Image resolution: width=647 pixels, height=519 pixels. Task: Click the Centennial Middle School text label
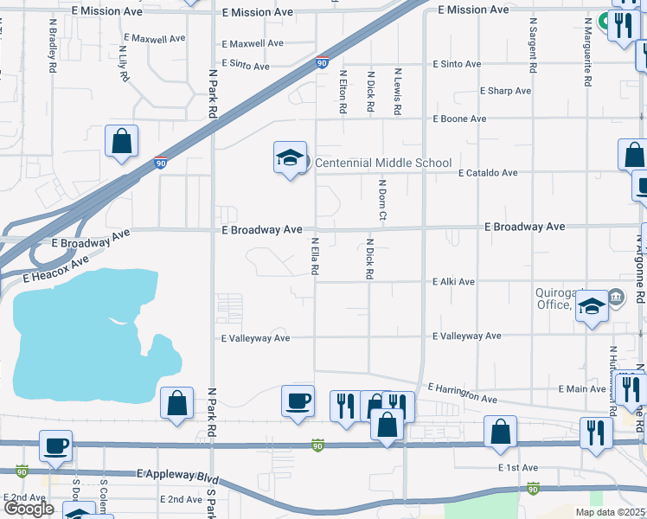382,163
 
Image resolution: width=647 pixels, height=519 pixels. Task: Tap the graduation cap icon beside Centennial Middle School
291,157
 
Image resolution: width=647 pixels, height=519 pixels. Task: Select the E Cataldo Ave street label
488,173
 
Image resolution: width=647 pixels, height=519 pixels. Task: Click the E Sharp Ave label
506,91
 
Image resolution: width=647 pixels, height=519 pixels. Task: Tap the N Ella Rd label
316,257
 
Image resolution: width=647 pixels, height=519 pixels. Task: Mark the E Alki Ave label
454,282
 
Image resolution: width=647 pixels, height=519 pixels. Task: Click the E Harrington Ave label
462,394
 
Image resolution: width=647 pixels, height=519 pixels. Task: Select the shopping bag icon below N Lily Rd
121,141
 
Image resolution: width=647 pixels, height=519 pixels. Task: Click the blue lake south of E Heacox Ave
78,329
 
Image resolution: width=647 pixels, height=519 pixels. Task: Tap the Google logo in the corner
28,509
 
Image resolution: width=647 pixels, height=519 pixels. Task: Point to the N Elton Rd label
343,93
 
